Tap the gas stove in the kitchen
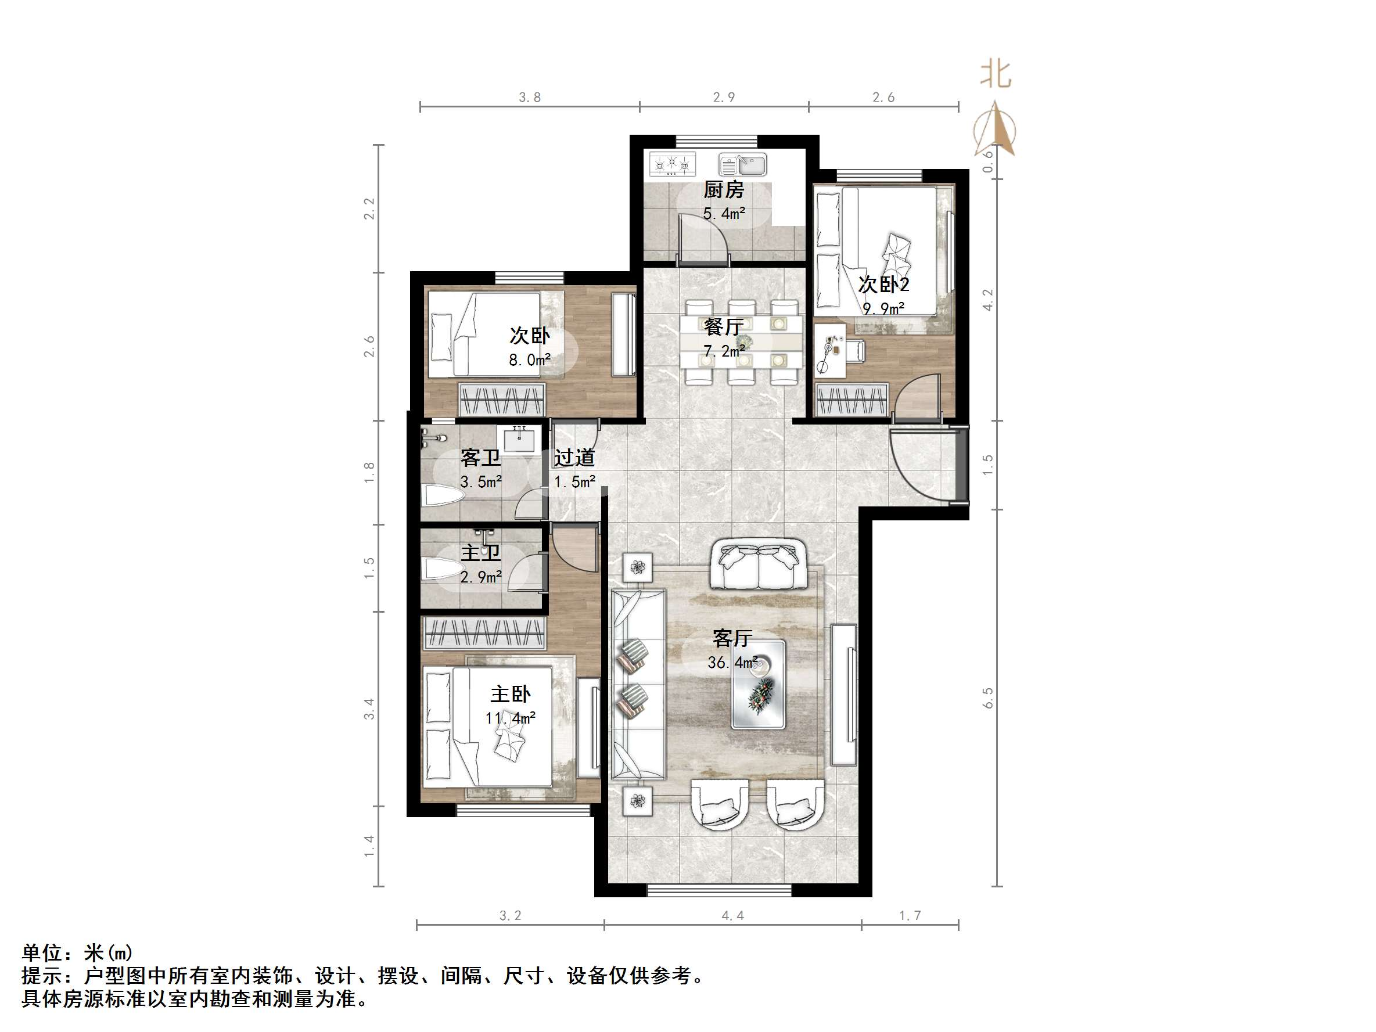(x=672, y=164)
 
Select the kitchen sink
(x=743, y=165)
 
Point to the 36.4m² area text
(x=732, y=663)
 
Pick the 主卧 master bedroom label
(x=510, y=693)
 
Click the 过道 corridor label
(x=574, y=458)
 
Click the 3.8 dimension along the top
(x=529, y=98)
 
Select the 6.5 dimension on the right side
(x=988, y=698)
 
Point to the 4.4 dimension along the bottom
(x=732, y=916)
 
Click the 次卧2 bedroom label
(x=883, y=285)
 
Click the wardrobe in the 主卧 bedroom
(x=484, y=634)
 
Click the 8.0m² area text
(x=529, y=359)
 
